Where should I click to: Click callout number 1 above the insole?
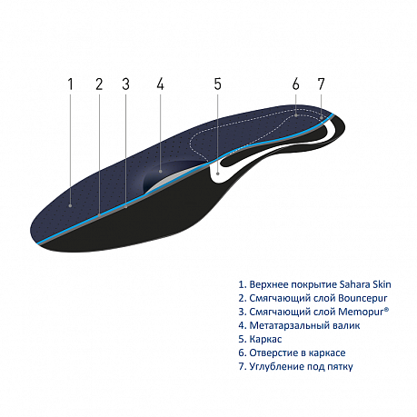coord(71,84)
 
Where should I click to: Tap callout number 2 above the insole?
coord(99,84)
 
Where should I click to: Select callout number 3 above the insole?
coord(125,84)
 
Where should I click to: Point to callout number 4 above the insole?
coord(160,84)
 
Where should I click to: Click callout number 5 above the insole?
coord(218,84)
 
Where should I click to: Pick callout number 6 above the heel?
coord(296,84)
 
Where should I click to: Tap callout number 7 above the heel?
coord(321,84)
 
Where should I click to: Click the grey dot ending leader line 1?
coord(71,205)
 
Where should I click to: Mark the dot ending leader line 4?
coord(160,172)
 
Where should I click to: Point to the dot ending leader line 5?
coord(218,174)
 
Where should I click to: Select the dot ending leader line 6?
coord(296,115)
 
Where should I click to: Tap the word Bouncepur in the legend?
coord(362,298)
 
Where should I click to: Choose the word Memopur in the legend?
coord(362,312)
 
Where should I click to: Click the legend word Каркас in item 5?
coord(265,339)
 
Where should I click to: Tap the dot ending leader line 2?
coord(99,214)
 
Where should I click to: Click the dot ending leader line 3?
coord(125,206)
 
